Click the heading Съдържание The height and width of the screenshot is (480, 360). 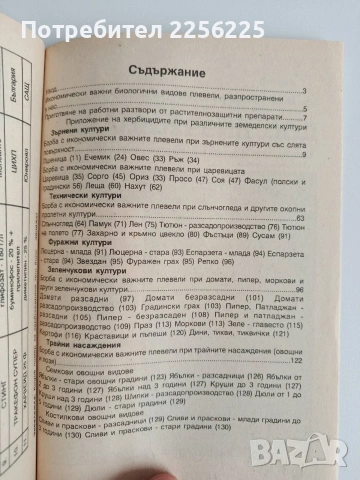[226, 70]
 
